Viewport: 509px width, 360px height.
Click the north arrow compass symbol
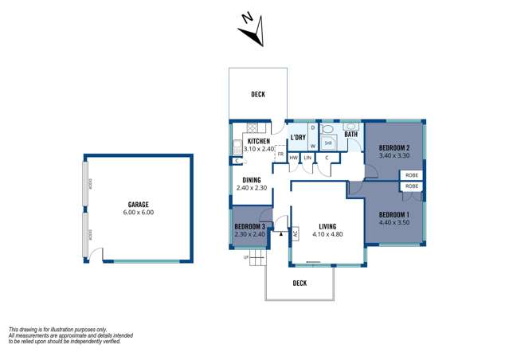(x=253, y=30)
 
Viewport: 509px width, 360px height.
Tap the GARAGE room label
(x=139, y=204)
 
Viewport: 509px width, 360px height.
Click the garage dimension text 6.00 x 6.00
(x=139, y=213)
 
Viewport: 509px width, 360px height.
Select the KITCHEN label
(x=258, y=141)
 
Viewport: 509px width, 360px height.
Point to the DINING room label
(x=253, y=180)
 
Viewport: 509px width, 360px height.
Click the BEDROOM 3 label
(x=250, y=226)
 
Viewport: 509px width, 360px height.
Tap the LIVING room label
(x=327, y=225)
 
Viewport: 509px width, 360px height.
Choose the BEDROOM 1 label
(x=394, y=215)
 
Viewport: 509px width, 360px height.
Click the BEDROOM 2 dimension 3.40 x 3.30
(x=394, y=156)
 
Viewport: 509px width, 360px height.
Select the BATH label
(x=350, y=135)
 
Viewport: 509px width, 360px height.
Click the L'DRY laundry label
(x=298, y=138)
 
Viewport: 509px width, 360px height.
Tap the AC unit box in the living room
(x=295, y=233)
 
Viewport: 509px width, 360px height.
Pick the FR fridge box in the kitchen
(x=280, y=154)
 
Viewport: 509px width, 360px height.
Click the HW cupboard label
(x=293, y=158)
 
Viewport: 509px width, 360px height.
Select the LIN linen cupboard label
(x=307, y=158)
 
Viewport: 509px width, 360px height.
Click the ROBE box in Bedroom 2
(x=412, y=175)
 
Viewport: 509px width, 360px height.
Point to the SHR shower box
(x=327, y=143)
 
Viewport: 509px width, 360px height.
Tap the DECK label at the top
(x=258, y=95)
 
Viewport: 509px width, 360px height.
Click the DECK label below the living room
(x=300, y=283)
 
